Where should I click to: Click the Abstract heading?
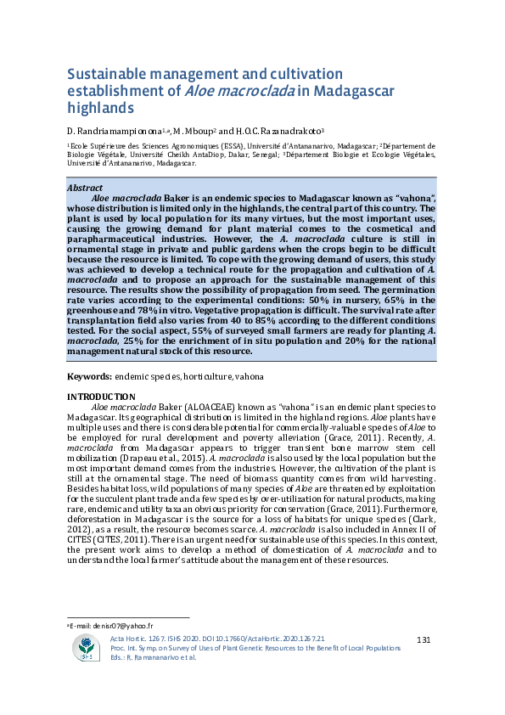[85, 188]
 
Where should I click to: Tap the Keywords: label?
[90, 375]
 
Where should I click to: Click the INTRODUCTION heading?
[100, 397]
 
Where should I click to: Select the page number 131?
[426, 639]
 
